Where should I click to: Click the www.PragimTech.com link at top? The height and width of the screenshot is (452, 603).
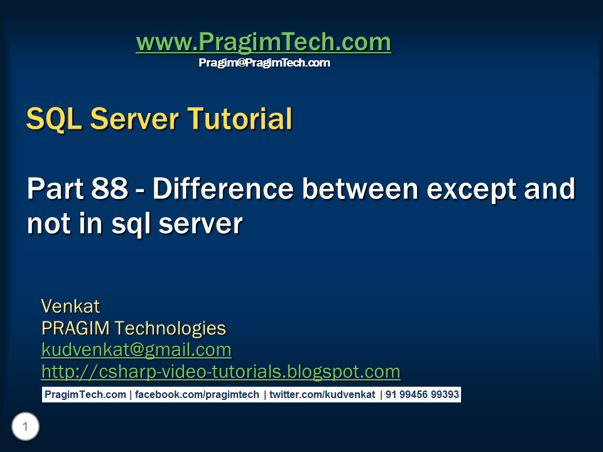263,43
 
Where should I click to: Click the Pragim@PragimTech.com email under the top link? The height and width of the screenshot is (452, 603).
264,63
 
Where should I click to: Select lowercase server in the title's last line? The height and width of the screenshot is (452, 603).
201,223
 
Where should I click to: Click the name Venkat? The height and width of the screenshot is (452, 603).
70,306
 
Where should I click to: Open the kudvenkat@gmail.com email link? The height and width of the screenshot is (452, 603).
136,350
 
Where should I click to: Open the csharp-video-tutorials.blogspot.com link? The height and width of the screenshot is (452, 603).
220,372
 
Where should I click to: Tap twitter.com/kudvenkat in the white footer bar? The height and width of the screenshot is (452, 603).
322,395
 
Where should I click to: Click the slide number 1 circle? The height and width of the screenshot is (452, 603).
25,428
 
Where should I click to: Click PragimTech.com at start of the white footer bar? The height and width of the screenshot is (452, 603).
85,395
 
